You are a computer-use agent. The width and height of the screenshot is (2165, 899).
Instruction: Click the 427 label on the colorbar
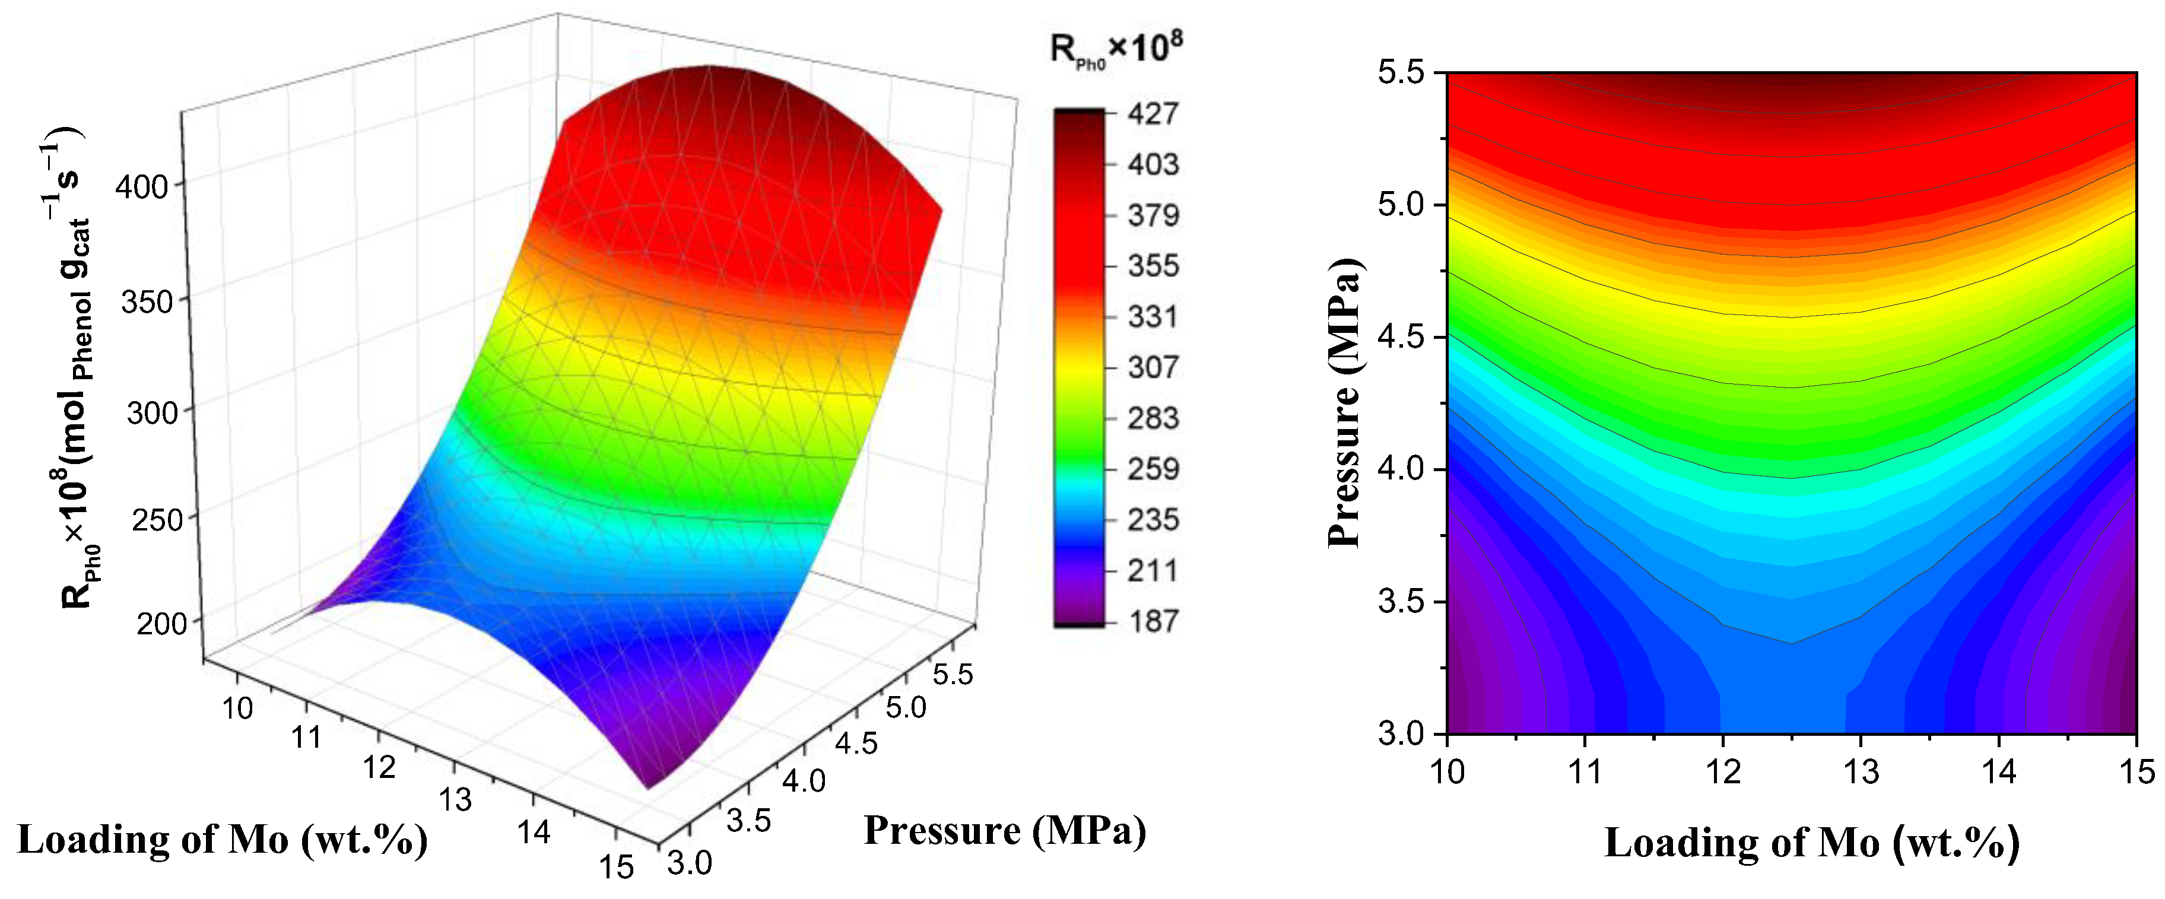1153,113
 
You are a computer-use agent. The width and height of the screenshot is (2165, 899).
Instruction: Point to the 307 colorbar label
1153,367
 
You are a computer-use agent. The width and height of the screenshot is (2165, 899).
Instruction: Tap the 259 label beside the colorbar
1153,469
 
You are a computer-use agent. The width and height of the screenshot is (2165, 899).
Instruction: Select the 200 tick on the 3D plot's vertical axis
161,624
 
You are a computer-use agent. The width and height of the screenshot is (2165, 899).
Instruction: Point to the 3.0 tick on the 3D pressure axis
689,863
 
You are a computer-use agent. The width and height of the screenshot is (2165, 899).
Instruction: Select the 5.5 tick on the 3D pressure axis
952,674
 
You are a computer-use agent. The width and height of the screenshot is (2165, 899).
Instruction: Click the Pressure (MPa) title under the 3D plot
1004,831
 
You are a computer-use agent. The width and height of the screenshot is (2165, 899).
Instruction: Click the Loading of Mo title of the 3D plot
223,839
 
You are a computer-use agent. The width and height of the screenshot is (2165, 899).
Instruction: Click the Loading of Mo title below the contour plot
1811,843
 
